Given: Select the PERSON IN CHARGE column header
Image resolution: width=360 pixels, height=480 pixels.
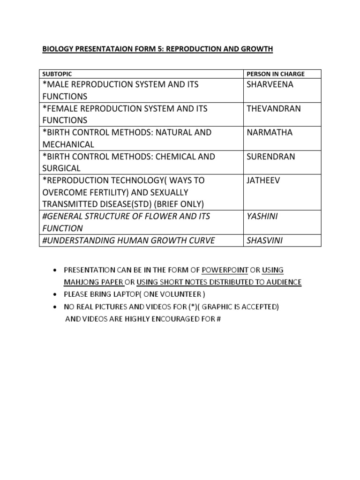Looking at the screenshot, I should [x=275, y=74].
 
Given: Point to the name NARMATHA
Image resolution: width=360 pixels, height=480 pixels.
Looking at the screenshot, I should [x=269, y=132].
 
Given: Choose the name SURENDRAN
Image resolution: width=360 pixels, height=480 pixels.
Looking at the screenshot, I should [x=270, y=157].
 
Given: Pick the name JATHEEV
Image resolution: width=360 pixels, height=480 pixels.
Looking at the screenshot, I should [x=262, y=180].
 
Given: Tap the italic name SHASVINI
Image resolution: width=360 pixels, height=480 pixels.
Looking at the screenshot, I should [x=265, y=240].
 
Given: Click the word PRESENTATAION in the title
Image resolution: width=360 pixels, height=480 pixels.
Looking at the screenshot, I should [x=100, y=49].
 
